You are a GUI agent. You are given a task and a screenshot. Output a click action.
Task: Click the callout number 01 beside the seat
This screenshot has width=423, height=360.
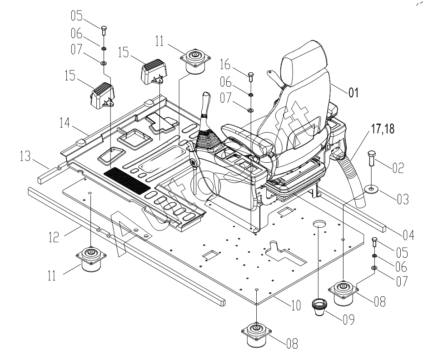[x=353, y=93]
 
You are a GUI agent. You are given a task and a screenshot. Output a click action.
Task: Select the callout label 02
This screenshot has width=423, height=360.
[x=398, y=168]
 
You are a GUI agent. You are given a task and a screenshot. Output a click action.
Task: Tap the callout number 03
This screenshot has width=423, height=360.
[x=403, y=199]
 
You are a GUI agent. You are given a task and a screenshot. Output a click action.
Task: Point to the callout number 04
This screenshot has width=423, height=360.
[x=408, y=235]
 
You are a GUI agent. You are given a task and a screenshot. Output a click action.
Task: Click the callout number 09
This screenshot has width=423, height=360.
[x=348, y=320]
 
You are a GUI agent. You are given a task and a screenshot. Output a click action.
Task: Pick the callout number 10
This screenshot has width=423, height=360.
[x=296, y=305]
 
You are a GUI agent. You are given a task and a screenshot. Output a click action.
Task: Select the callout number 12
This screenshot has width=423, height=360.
[x=54, y=237]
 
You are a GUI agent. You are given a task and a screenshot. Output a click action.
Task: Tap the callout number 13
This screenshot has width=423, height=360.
[x=25, y=156]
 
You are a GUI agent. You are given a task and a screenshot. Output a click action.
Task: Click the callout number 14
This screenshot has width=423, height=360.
[x=65, y=123]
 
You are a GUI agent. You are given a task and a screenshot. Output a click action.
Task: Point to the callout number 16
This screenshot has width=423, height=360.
[x=225, y=65]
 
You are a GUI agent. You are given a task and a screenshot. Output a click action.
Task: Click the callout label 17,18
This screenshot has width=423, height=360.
[x=383, y=129]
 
